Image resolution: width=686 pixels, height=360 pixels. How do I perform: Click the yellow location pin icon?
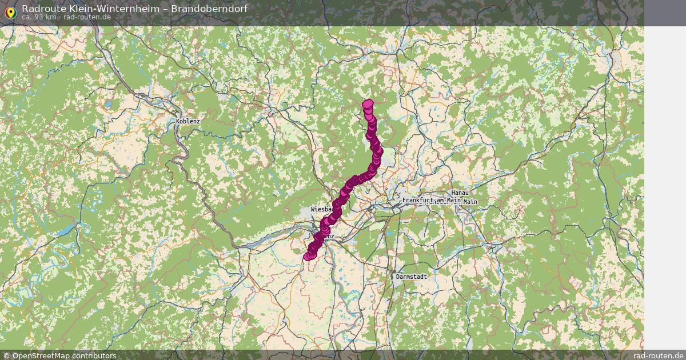[10, 13]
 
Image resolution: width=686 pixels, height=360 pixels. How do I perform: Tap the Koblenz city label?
[188, 121]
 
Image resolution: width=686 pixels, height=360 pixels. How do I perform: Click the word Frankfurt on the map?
[418, 201]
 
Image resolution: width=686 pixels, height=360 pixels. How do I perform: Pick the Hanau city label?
[460, 194]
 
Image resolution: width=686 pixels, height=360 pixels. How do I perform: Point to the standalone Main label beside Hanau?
[470, 202]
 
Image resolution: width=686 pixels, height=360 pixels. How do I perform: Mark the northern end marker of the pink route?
[368, 104]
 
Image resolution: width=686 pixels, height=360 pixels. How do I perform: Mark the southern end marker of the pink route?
[308, 256]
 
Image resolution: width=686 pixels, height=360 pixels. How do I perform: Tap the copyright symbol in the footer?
[6, 355]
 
